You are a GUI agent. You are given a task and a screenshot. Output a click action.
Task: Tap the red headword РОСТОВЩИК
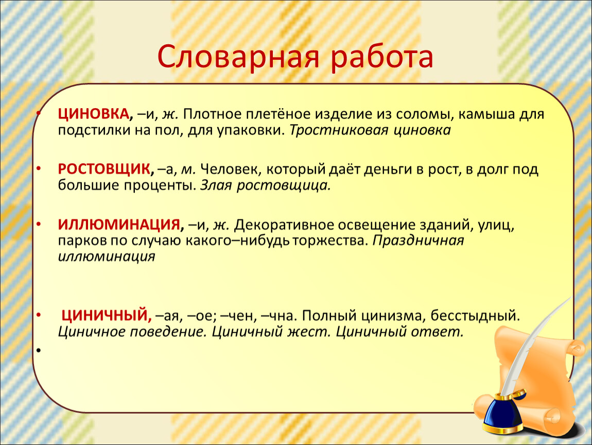coord(104,169)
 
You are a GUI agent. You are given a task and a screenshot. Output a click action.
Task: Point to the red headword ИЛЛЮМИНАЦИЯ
coord(119,225)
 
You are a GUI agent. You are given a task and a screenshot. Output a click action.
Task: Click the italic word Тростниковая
coord(339,130)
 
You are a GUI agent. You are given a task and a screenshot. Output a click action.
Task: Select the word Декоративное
coord(284,225)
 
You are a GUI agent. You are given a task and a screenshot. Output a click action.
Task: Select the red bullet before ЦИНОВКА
coord(38,113)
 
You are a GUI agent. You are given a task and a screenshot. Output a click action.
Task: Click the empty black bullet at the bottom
coord(38,350)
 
